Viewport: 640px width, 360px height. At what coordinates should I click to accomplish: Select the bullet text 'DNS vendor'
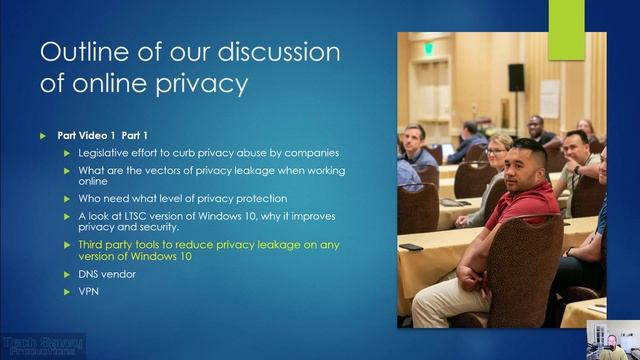tap(105, 272)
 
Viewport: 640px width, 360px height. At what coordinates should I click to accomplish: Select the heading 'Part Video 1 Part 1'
tap(105, 134)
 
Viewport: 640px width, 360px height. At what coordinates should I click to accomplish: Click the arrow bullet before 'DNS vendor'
tap(66, 272)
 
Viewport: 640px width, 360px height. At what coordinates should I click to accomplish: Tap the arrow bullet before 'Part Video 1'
tap(43, 134)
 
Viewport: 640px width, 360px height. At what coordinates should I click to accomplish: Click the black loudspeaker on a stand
tap(516, 77)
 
